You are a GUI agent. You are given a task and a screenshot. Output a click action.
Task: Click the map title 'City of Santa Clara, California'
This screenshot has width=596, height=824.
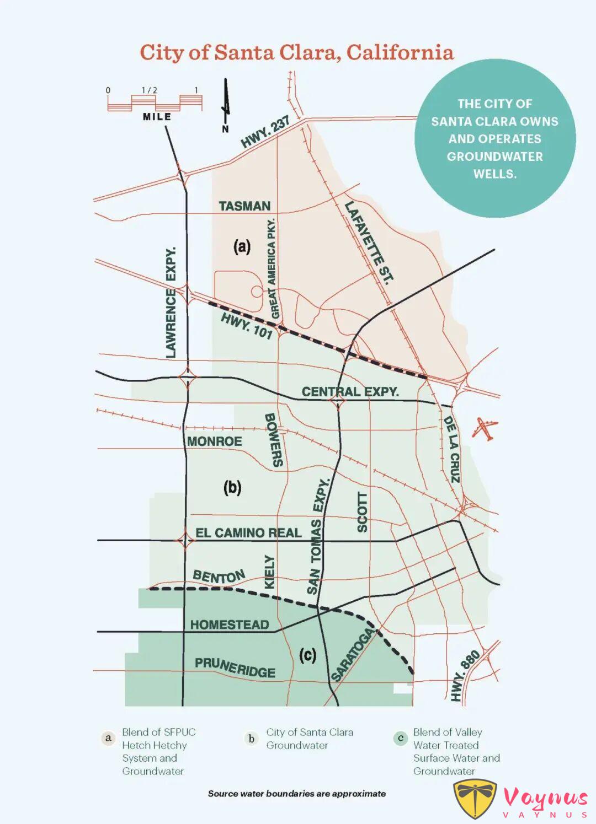[x=297, y=52]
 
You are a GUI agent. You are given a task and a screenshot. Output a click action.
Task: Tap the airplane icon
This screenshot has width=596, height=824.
[x=485, y=429]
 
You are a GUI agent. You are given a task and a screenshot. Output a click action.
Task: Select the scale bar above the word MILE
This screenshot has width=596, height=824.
[x=155, y=102]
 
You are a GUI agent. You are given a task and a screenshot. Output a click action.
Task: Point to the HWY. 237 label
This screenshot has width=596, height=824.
[x=265, y=132]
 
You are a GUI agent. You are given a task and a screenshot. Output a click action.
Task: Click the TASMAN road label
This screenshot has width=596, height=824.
[x=244, y=206]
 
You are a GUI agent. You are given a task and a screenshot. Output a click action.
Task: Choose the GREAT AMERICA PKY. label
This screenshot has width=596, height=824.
[x=272, y=268]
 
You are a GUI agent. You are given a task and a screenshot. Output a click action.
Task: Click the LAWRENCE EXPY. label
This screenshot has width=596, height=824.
[x=171, y=302]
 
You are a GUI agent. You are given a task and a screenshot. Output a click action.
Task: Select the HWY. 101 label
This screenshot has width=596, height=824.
[x=247, y=325]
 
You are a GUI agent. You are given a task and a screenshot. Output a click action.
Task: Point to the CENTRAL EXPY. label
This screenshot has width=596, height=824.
[x=350, y=392]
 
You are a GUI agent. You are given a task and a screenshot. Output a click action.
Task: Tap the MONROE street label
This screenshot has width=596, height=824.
[x=214, y=441]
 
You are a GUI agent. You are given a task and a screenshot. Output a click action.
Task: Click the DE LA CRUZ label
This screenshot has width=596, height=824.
[x=451, y=449]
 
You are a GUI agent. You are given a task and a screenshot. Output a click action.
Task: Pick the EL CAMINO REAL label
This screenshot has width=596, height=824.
[x=248, y=533]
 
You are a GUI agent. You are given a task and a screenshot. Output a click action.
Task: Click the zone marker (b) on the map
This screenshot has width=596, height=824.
[x=232, y=488]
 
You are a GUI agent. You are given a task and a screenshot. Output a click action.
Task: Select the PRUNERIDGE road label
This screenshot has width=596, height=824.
[x=235, y=667]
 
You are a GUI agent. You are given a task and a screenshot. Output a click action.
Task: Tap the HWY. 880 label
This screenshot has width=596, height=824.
[x=465, y=675]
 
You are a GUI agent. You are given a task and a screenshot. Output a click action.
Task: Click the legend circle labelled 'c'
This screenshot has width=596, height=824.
[x=401, y=738]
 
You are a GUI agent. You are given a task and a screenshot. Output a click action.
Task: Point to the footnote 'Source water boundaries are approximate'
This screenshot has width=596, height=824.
[x=297, y=794]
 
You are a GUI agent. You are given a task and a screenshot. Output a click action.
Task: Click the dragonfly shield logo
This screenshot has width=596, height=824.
[x=475, y=798]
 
